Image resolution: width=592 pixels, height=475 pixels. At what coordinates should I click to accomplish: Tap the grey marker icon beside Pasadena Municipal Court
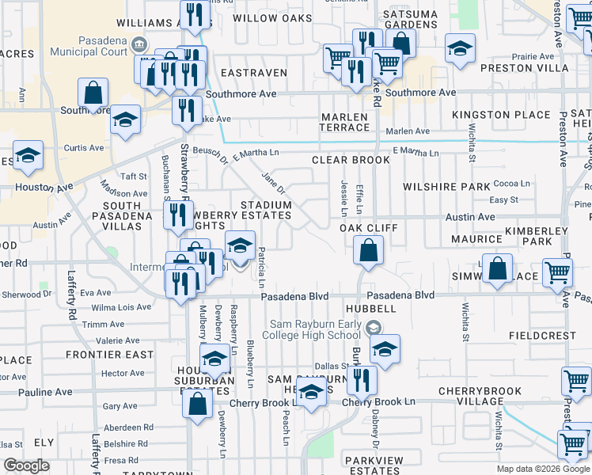pyautogui.click(x=140, y=44)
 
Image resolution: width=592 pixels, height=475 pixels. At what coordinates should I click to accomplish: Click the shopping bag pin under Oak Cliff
pyautogui.click(x=369, y=253)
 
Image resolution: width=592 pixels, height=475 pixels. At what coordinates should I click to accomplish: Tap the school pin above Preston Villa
pyautogui.click(x=460, y=50)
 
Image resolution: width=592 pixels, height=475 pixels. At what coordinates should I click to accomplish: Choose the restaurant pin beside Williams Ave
pyautogui.click(x=194, y=15)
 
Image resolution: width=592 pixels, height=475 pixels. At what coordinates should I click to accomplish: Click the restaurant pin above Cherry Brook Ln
pyautogui.click(x=362, y=380)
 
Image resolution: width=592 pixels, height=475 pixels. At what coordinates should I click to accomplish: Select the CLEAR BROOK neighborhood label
pyautogui.click(x=351, y=160)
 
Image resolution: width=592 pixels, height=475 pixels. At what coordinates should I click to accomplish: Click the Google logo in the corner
pyautogui.click(x=26, y=465)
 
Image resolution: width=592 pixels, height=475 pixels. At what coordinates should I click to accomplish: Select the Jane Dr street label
pyautogui.click(x=272, y=183)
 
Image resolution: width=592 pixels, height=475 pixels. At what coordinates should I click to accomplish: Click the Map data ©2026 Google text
pyautogui.click(x=542, y=469)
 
